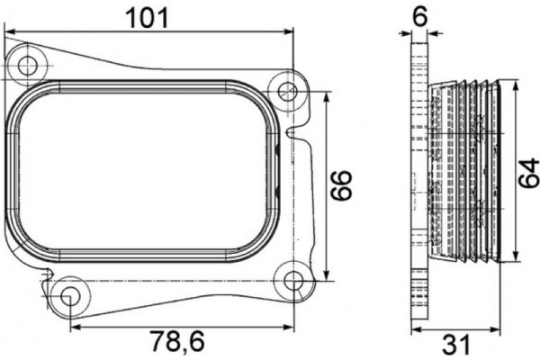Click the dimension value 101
coord(150,16)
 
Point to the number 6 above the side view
coord(418,16)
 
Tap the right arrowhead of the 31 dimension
coord(496,324)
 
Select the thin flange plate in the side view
coord(418,180)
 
